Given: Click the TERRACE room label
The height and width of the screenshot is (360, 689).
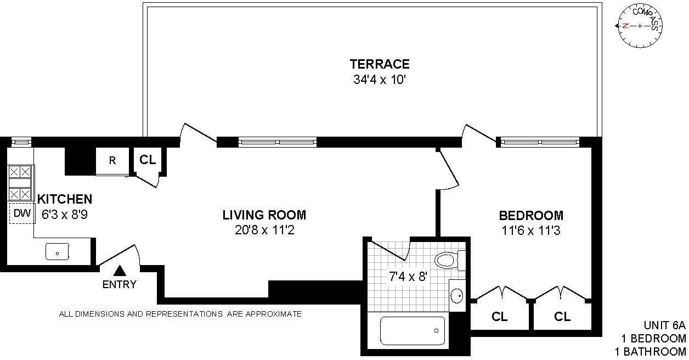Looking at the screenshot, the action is pos(380,64).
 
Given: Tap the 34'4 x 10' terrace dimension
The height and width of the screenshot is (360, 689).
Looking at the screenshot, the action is pos(380,80).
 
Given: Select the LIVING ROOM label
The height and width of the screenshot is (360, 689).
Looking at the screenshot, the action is pos(264,215).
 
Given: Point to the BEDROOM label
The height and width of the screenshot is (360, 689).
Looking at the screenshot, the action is pos(531,215).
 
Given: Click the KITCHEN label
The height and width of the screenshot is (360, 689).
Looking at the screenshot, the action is pos(65,199).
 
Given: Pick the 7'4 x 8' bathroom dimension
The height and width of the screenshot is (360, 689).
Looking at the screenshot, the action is pos(408,277).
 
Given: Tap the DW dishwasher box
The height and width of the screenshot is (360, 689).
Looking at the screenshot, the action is pos(22,213).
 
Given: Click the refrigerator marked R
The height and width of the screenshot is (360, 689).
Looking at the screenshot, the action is pos(112,161).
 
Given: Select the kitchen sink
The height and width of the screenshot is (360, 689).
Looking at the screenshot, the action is pos(57,251).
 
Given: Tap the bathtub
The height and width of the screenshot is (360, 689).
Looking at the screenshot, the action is pos(413,331).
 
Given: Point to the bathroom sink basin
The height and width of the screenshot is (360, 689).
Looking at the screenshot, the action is pos(457,296).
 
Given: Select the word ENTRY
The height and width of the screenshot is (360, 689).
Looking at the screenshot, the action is pos(120,285).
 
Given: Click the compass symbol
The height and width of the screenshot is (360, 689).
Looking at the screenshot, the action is pos(640,26).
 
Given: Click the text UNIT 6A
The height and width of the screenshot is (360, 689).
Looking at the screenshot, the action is pos(665,325).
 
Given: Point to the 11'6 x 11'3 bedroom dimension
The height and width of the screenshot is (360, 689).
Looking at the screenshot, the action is pos(531,230).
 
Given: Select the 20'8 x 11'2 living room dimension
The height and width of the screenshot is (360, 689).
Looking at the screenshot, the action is pos(264,230).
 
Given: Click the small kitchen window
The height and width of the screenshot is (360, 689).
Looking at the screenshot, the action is pos(21,142).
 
